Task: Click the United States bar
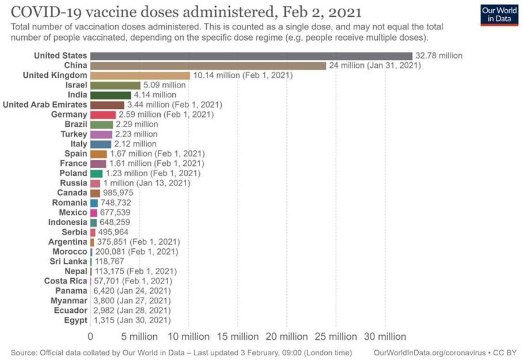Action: tap(251, 56)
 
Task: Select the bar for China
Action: tap(208, 66)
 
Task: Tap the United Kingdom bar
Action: tap(140, 75)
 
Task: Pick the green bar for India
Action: tap(111, 95)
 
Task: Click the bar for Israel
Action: tap(115, 85)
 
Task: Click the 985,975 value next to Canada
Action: tap(119, 192)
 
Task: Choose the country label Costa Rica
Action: tap(66, 281)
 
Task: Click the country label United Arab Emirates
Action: tap(45, 105)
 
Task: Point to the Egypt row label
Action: tap(76, 320)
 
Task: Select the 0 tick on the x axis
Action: tap(90, 336)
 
